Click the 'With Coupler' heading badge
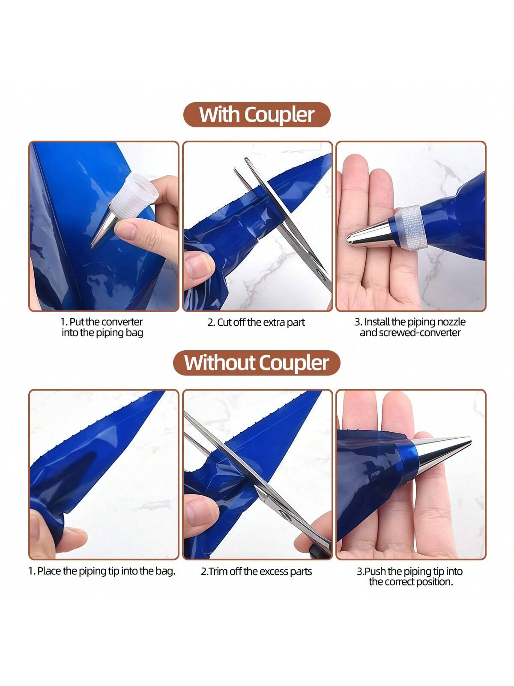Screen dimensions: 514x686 [257, 115]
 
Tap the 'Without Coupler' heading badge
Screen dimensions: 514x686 [257, 363]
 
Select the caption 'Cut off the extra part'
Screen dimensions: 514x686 [256, 322]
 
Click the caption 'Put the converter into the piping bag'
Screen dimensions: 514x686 [102, 327]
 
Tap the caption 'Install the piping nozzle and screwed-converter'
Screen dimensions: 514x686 [410, 327]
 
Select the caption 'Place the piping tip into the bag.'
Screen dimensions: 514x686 [102, 571]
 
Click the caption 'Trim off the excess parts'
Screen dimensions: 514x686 [256, 571]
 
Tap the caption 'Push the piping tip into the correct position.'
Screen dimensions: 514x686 [410, 576]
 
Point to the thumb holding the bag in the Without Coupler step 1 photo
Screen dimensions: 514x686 [70, 539]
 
